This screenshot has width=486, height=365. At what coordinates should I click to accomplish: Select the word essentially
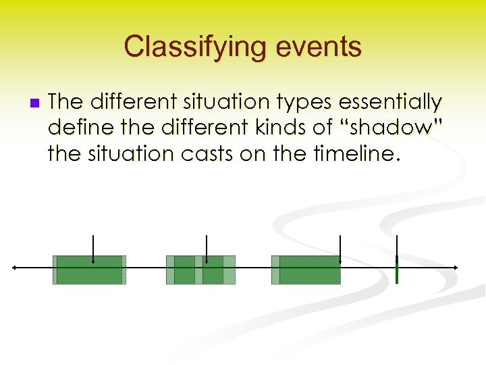tap(389, 102)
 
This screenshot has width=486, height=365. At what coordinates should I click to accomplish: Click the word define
tap(77, 128)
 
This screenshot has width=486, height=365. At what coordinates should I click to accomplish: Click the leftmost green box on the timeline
tap(89, 270)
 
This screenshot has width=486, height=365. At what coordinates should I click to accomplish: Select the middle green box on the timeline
tap(200, 270)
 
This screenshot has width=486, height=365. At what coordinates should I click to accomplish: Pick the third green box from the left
tap(306, 270)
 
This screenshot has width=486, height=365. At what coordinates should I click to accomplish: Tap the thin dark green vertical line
tap(397, 270)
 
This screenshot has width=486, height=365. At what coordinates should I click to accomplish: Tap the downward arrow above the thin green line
tap(397, 246)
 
